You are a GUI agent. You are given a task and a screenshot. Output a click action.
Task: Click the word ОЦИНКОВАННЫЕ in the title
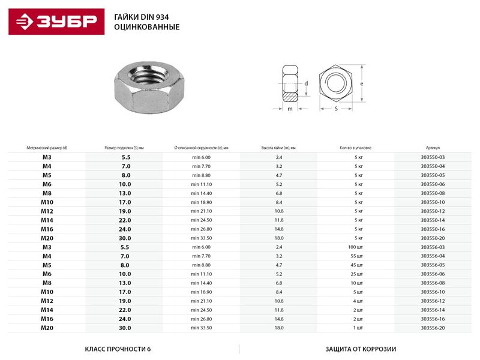coord(147,28)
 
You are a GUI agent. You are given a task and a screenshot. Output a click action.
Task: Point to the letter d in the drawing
coord(306,83)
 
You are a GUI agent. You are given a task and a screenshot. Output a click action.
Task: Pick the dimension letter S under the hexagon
coord(335,109)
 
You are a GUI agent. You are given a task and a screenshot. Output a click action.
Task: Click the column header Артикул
coord(433,147)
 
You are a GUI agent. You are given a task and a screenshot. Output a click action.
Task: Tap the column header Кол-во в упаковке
coord(356,147)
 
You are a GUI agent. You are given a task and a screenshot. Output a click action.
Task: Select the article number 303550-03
coord(433,157)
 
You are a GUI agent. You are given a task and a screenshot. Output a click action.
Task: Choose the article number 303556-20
coord(433,328)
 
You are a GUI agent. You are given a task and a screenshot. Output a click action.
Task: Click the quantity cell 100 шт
coord(359,247)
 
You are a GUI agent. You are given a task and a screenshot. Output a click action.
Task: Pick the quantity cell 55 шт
coord(359,256)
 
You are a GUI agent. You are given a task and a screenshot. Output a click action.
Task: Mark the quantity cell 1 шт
coord(359,328)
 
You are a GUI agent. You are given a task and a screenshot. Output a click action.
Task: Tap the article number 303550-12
coord(433,211)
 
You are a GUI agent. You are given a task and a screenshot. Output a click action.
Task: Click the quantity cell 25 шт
coord(359,274)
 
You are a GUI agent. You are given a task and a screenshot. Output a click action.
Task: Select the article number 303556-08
coord(433,283)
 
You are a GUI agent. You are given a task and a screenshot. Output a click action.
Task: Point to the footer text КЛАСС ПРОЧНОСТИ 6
coord(118,349)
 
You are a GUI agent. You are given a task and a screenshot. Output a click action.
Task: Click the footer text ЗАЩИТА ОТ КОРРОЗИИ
coord(361,349)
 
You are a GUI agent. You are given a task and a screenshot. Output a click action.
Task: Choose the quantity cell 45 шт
coord(359,265)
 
